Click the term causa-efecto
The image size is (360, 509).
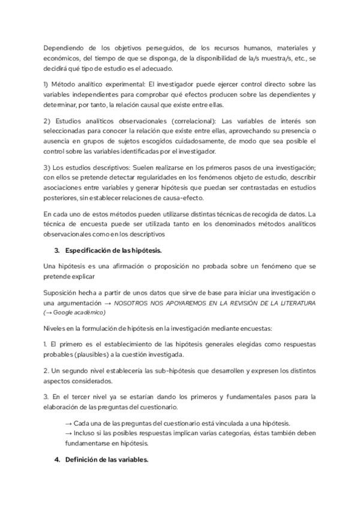click(x=185, y=199)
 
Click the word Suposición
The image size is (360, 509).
click(x=61, y=292)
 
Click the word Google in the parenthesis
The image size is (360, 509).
click(x=65, y=313)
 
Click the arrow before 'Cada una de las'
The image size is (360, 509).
click(x=68, y=424)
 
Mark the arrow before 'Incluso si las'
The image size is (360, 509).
click(x=68, y=434)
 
